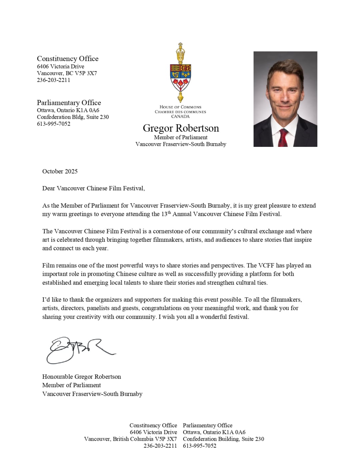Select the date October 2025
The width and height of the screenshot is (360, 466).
point(60,171)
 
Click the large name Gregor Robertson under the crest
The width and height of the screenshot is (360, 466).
point(181,128)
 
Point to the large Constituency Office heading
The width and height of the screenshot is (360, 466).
point(68,59)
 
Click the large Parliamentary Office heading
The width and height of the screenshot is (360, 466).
point(69,103)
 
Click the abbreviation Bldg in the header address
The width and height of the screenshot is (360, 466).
point(78,117)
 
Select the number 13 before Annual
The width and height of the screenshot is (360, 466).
point(164,214)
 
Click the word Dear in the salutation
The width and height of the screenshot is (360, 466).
point(49,188)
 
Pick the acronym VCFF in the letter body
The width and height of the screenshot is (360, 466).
point(266,265)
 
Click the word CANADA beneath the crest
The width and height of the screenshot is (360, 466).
point(180,116)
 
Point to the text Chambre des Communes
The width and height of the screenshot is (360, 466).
point(180,112)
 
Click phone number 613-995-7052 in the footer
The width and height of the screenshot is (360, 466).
point(200,446)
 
